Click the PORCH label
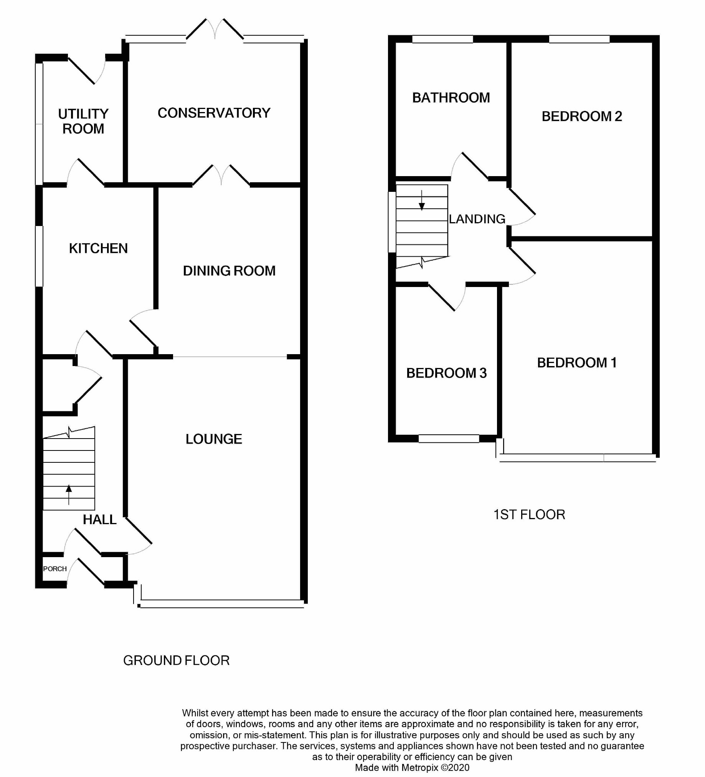pyautogui.click(x=55, y=569)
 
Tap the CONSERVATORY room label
pyautogui.click(x=214, y=113)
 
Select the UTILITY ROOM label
pyautogui.click(x=83, y=121)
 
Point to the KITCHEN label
pyautogui.click(x=98, y=248)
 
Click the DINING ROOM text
pyautogui.click(x=229, y=271)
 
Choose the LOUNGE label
pyautogui.click(x=214, y=439)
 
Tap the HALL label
pyautogui.click(x=100, y=520)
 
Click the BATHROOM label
pyautogui.click(x=451, y=98)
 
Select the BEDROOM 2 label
pyautogui.click(x=582, y=116)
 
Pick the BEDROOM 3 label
pyautogui.click(x=446, y=373)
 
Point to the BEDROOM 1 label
pyautogui.click(x=577, y=363)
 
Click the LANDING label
pyautogui.click(x=477, y=219)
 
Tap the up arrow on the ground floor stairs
pyautogui.click(x=69, y=495)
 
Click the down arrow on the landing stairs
pyautogui.click(x=422, y=200)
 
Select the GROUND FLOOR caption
pyautogui.click(x=177, y=661)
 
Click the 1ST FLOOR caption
pyautogui.click(x=529, y=515)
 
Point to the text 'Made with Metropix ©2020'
pyautogui.click(x=412, y=768)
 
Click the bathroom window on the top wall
pyautogui.click(x=442, y=39)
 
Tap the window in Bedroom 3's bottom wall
pyautogui.click(x=449, y=439)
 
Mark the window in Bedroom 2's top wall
pyautogui.click(x=580, y=39)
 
